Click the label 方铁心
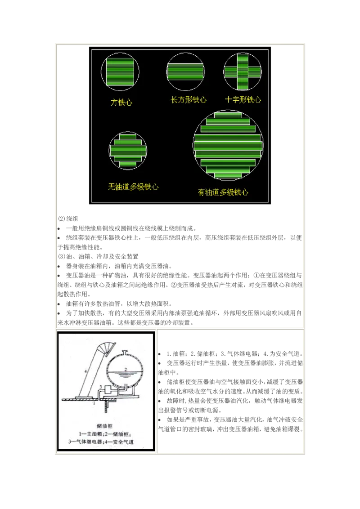pos(121,103)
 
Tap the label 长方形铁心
pos(189,100)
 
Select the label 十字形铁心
pos(243,100)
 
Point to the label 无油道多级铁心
pos(133,186)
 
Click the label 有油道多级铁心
pos(223,192)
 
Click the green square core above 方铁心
pos(120,71)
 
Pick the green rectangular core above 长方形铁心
pos(186,71)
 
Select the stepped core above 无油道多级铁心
pos(128,151)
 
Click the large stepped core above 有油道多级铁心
pos(228,144)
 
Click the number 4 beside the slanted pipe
pos(85,371)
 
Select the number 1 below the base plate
pos(93,404)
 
